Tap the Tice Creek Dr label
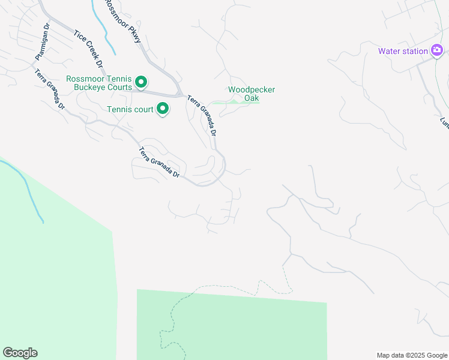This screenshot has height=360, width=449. click(x=88, y=47)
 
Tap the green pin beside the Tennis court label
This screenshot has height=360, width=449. click(x=163, y=109)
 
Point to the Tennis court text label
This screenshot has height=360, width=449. click(x=130, y=109)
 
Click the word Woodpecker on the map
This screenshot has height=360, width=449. click(x=252, y=90)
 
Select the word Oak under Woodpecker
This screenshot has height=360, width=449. click(x=252, y=98)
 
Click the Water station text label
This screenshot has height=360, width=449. click(x=402, y=51)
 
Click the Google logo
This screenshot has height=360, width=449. click(x=20, y=353)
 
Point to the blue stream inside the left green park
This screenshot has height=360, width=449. click(x=27, y=186)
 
